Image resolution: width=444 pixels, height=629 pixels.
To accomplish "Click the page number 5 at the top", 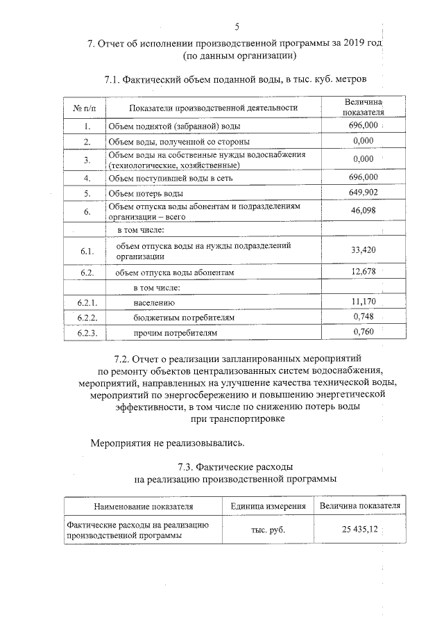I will click(237, 27).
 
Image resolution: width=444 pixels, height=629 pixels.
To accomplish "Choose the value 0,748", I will click(364, 317).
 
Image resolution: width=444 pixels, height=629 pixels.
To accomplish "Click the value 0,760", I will click(364, 332).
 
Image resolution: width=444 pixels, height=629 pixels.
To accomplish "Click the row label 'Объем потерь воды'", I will click(145, 194).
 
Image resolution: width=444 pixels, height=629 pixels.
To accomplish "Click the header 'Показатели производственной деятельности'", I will click(213, 108).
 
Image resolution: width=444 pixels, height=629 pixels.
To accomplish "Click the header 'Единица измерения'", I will click(268, 506).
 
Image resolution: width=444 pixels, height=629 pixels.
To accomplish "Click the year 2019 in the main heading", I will click(351, 42).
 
